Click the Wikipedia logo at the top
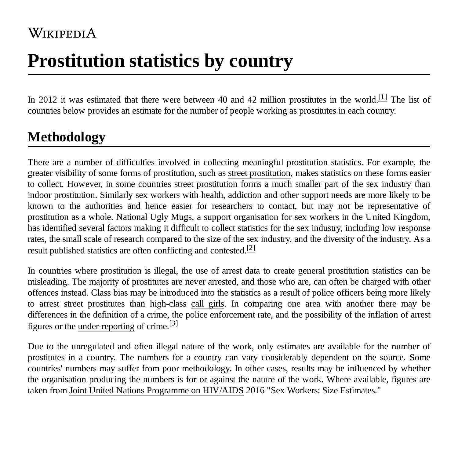tap(62, 33)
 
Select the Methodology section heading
tap(67, 137)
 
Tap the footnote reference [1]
tap(383, 97)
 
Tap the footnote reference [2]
tap(251, 248)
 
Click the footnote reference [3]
tap(173, 323)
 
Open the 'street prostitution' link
tap(259, 173)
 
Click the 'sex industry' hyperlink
tap(388, 184)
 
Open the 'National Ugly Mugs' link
tap(154, 217)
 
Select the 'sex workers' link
tap(317, 217)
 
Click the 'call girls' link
tap(208, 304)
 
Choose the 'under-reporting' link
tap(106, 326)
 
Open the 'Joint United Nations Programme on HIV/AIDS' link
tap(156, 391)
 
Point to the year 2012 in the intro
tap(48, 100)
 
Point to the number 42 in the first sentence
tap(252, 100)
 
